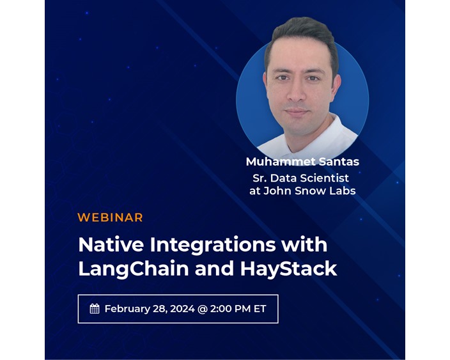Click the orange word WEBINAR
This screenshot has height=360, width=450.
point(110,217)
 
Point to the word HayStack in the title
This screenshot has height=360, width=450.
point(288,269)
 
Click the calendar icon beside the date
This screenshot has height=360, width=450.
point(95,309)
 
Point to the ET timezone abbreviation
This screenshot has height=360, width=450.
point(260,309)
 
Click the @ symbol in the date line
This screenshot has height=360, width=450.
point(203,309)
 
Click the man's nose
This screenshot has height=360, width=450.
point(299,94)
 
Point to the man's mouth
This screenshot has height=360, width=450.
point(297,111)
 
